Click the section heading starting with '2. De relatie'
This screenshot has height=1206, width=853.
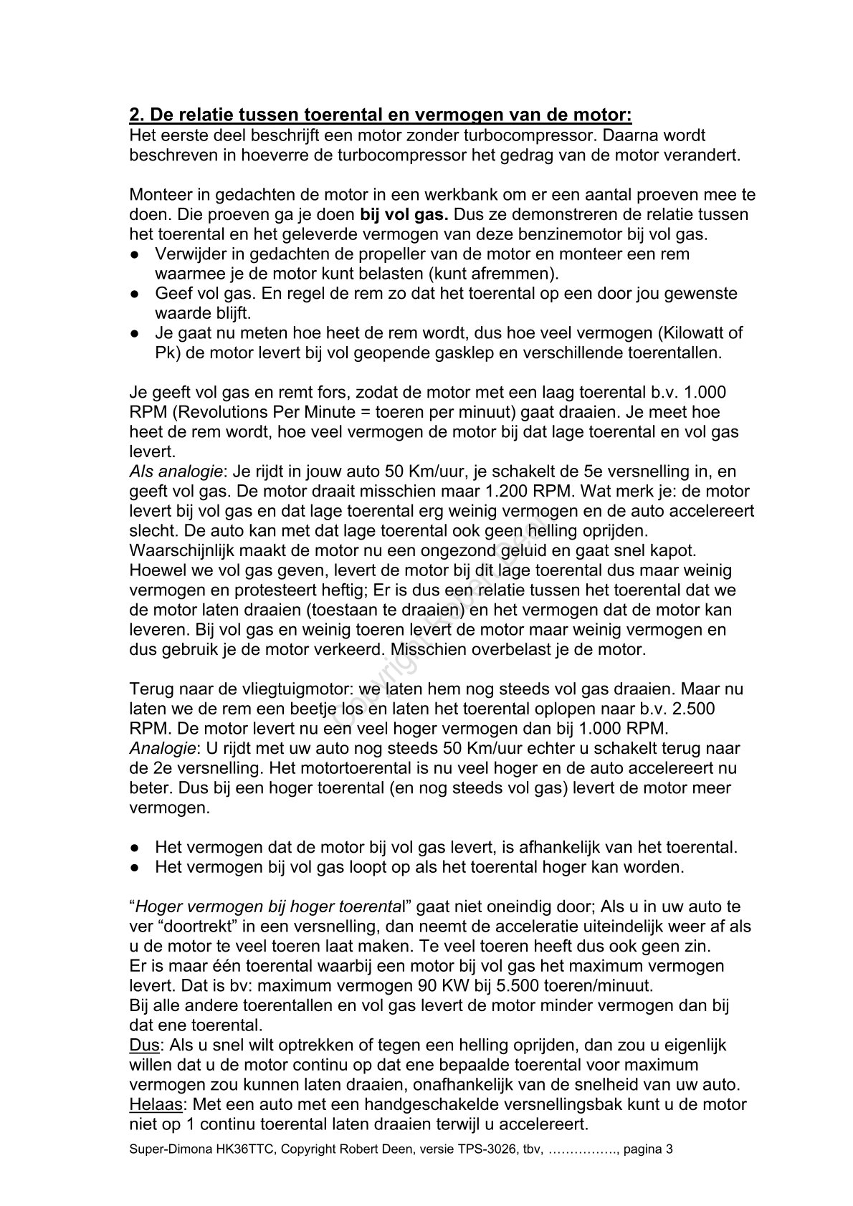380,115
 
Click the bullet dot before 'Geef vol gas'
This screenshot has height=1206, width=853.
134,294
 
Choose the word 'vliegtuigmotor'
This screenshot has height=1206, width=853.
282,689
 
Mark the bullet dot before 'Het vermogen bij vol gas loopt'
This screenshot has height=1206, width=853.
134,868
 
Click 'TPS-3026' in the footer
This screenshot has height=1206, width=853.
480,1150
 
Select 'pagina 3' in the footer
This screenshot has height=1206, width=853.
648,1150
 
